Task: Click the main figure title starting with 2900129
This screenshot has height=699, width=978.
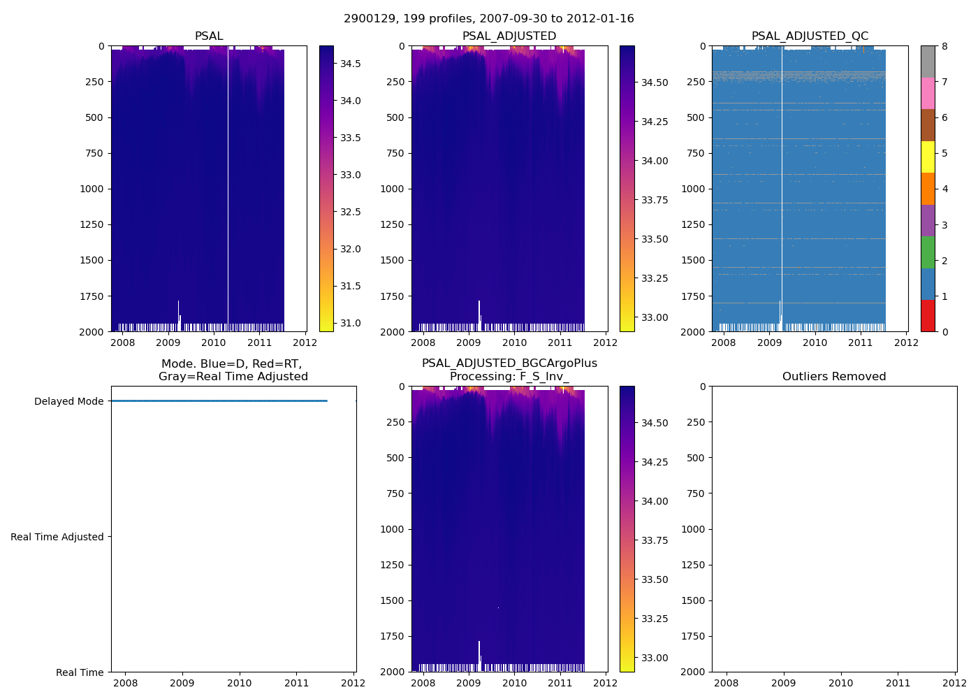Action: coord(488,19)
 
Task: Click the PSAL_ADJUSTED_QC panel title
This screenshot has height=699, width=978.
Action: coord(810,36)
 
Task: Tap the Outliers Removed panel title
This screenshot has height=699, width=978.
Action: coord(833,377)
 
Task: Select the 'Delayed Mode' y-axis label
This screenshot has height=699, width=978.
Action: coord(68,401)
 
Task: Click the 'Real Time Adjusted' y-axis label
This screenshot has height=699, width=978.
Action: coord(57,537)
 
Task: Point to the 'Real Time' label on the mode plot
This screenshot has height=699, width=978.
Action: coord(80,672)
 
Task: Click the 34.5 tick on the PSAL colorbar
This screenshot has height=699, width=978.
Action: coord(350,64)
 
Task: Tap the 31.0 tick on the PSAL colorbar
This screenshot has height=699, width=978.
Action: coord(350,323)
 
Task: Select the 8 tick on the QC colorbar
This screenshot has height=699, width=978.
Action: coord(944,46)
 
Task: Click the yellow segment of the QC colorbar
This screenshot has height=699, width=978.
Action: coord(927,157)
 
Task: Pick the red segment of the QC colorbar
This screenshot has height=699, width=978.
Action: coord(927,315)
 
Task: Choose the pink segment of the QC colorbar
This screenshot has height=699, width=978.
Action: coord(927,93)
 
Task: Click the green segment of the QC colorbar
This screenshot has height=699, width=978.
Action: coord(927,252)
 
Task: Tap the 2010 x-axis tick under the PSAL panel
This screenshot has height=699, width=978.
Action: coord(214,343)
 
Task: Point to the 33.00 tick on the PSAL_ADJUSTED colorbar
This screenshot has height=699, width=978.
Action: coord(655,317)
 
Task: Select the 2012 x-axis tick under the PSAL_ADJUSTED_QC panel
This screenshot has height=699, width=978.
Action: coord(906,343)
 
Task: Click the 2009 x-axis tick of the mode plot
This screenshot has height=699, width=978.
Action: coord(182,683)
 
